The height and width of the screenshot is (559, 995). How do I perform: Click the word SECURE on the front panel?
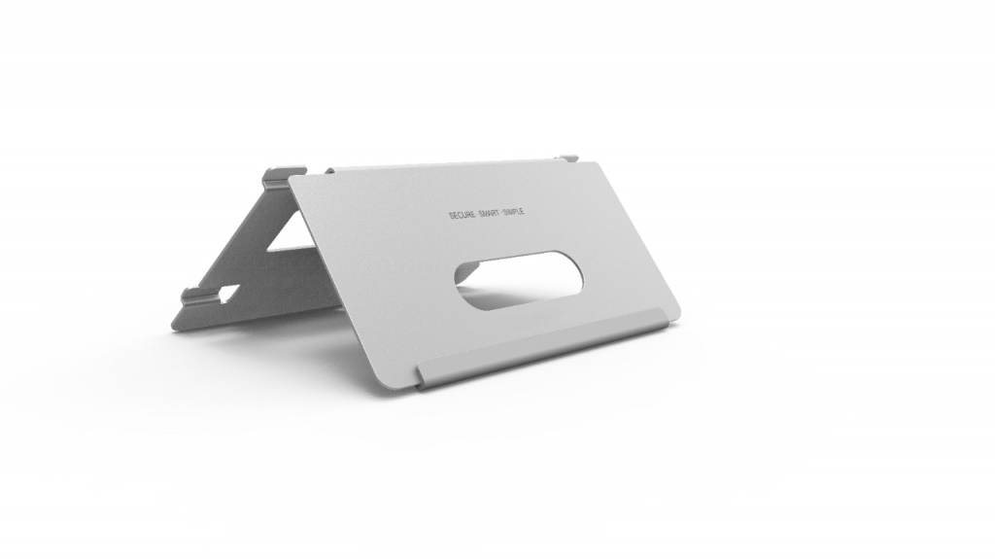[462, 215]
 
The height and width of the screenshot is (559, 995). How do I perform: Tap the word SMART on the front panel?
[490, 214]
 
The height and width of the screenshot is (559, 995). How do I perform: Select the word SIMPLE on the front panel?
[513, 212]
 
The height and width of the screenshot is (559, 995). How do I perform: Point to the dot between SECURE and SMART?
[476, 214]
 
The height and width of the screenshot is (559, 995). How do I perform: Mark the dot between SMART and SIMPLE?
[500, 213]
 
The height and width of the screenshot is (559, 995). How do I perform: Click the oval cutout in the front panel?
[519, 280]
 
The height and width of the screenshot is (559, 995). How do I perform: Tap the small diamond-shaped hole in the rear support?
[227, 293]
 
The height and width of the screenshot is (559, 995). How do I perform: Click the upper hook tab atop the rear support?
[284, 175]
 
